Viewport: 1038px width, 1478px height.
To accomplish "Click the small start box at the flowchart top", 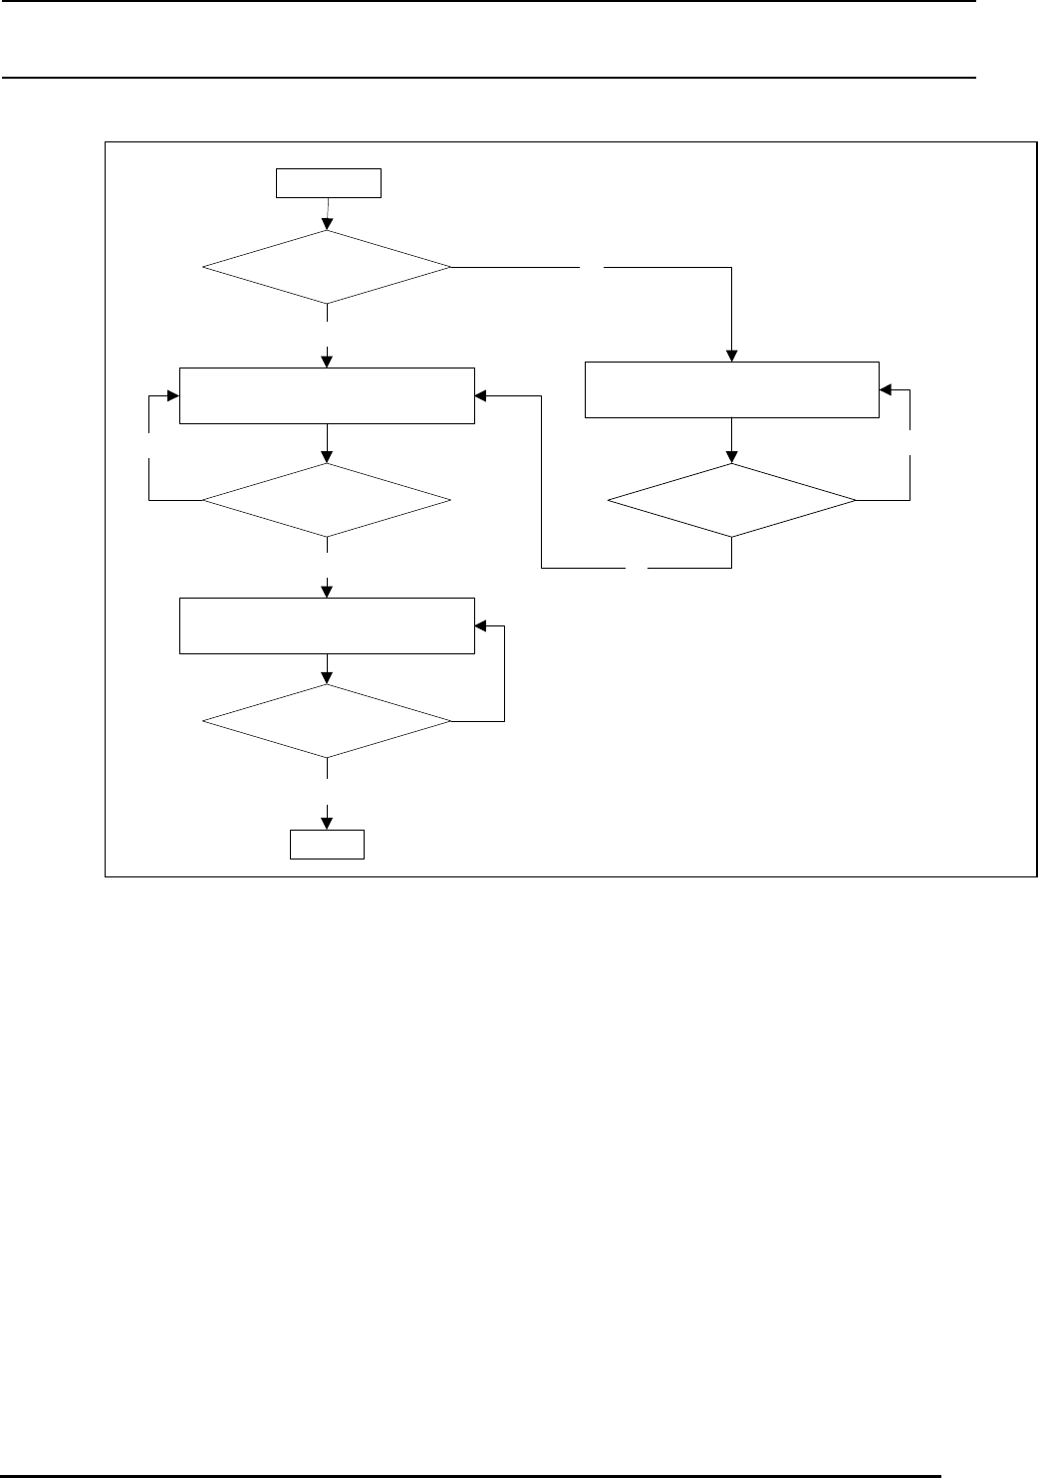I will (x=329, y=184).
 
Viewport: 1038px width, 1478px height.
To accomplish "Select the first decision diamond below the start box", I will (x=327, y=267).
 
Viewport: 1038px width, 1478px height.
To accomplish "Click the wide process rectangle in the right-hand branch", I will (x=731, y=389).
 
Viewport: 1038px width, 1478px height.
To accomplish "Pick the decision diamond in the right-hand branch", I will (x=731, y=500).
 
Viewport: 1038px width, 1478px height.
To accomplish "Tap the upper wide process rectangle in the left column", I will (x=327, y=395).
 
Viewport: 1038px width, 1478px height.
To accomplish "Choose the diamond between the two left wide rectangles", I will (x=327, y=500).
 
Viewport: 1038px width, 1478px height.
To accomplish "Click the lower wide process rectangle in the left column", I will (x=327, y=625).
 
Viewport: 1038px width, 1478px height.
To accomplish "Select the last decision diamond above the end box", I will (x=327, y=721).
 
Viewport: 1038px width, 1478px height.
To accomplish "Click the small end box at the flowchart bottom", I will (x=327, y=845).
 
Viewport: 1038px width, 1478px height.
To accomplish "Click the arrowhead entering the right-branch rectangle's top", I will (x=731, y=356).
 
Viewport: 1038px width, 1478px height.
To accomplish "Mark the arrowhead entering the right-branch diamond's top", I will (x=731, y=457).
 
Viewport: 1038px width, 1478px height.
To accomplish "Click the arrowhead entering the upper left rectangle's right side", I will (x=481, y=395).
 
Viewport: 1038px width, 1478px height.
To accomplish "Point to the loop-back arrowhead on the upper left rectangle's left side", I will (x=173, y=395).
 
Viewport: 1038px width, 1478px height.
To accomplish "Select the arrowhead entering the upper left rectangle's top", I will (x=327, y=362).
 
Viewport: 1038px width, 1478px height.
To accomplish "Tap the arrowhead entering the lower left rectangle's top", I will (x=327, y=592).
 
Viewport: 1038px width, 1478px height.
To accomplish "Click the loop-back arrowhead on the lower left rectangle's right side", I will (x=481, y=626).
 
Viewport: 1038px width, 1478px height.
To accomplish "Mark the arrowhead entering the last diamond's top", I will (x=327, y=679).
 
